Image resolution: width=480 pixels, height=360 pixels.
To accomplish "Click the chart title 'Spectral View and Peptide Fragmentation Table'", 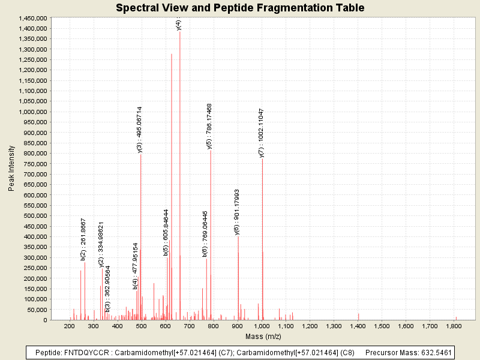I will coord(240,8).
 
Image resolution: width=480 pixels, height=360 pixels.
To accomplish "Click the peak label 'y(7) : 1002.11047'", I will coord(262,133).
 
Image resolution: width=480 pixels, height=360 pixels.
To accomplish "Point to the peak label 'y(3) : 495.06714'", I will coord(140,130).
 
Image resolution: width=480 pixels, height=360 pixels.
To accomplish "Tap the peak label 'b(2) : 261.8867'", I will coord(83,239).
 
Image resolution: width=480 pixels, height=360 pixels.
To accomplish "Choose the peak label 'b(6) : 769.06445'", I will coord(205,234).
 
